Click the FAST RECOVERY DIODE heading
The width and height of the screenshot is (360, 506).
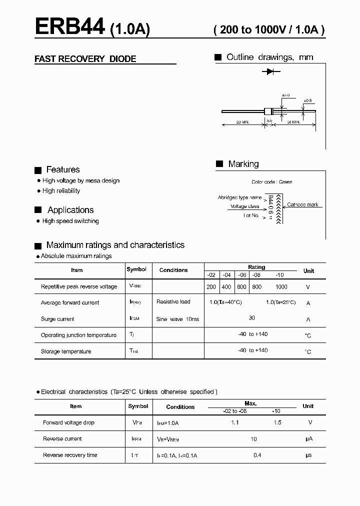[85, 59]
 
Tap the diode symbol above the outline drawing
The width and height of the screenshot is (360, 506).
[270, 72]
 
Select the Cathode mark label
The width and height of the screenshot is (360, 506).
[302, 205]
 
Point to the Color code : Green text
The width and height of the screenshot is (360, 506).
[272, 182]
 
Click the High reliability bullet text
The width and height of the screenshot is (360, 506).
[61, 191]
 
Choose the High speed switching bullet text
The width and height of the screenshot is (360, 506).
[70, 221]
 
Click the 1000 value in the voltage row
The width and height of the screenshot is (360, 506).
[281, 287]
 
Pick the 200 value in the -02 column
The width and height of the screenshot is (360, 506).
[211, 287]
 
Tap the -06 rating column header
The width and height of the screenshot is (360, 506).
[241, 275]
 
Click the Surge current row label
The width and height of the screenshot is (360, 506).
[57, 319]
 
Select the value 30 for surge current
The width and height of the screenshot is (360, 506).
[251, 318]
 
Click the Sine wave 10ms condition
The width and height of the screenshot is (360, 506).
[177, 319]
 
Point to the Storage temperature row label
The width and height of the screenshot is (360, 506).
[66, 351]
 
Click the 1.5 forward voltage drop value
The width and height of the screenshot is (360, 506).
[277, 422]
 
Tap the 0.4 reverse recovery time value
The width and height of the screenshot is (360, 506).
[257, 455]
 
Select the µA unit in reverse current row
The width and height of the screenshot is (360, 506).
[308, 439]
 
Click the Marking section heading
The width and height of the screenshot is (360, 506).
[243, 164]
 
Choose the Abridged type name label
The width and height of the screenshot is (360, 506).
[239, 198]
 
